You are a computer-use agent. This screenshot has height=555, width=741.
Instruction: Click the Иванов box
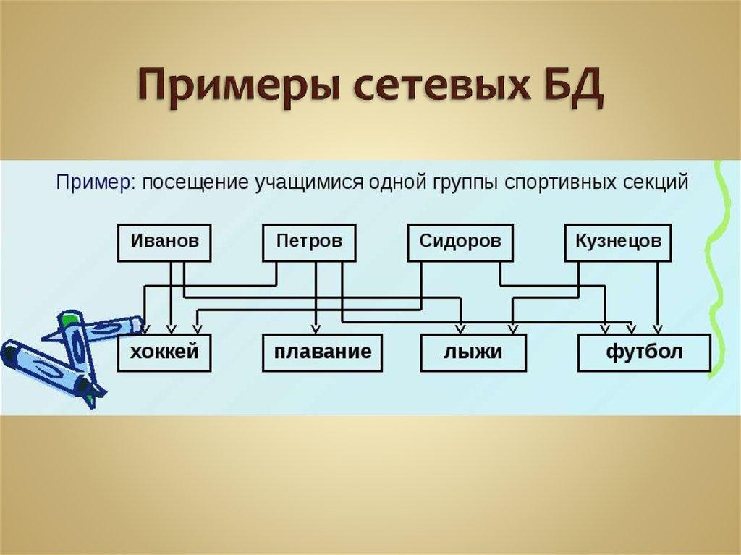(164, 242)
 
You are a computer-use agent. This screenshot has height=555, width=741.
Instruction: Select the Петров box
(309, 242)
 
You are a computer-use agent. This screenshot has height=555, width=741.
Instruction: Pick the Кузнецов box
(617, 242)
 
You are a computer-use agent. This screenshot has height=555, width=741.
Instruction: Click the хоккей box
(164, 353)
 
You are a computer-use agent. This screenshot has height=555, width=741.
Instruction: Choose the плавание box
(322, 353)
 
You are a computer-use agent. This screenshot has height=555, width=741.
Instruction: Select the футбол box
(643, 353)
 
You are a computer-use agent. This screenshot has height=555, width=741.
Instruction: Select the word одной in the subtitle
(386, 182)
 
